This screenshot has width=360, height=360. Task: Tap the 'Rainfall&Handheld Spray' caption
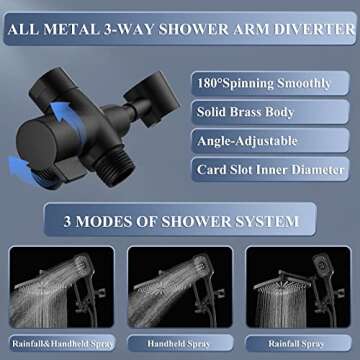point(59,342)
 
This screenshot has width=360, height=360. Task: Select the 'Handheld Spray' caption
point(180,342)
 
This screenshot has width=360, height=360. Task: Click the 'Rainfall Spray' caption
point(298,342)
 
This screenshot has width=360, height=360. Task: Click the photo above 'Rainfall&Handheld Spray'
point(59,289)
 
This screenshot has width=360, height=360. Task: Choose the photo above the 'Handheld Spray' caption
point(180,289)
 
